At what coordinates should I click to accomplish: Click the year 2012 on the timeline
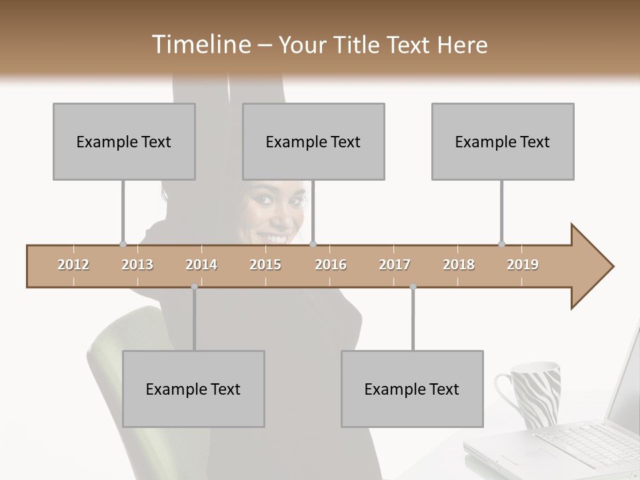(x=73, y=265)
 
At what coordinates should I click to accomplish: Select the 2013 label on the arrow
(x=137, y=265)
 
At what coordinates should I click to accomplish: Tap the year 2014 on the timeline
(x=201, y=265)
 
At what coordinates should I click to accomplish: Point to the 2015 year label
(x=265, y=265)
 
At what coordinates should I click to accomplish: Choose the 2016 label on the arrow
(x=331, y=265)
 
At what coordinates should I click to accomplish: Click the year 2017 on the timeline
(x=395, y=265)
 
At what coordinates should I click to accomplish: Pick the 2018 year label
(x=459, y=265)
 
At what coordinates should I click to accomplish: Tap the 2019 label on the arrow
(x=523, y=265)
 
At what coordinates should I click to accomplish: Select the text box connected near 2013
(x=124, y=141)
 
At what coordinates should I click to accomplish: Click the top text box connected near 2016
(x=313, y=141)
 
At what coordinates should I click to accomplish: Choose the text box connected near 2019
(x=503, y=141)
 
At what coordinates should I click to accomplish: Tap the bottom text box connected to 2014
(x=193, y=389)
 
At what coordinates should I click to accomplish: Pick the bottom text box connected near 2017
(x=412, y=389)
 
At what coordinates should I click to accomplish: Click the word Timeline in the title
(x=199, y=44)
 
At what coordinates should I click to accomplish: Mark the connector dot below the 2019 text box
(x=501, y=244)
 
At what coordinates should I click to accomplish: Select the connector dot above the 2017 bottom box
(x=413, y=287)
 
